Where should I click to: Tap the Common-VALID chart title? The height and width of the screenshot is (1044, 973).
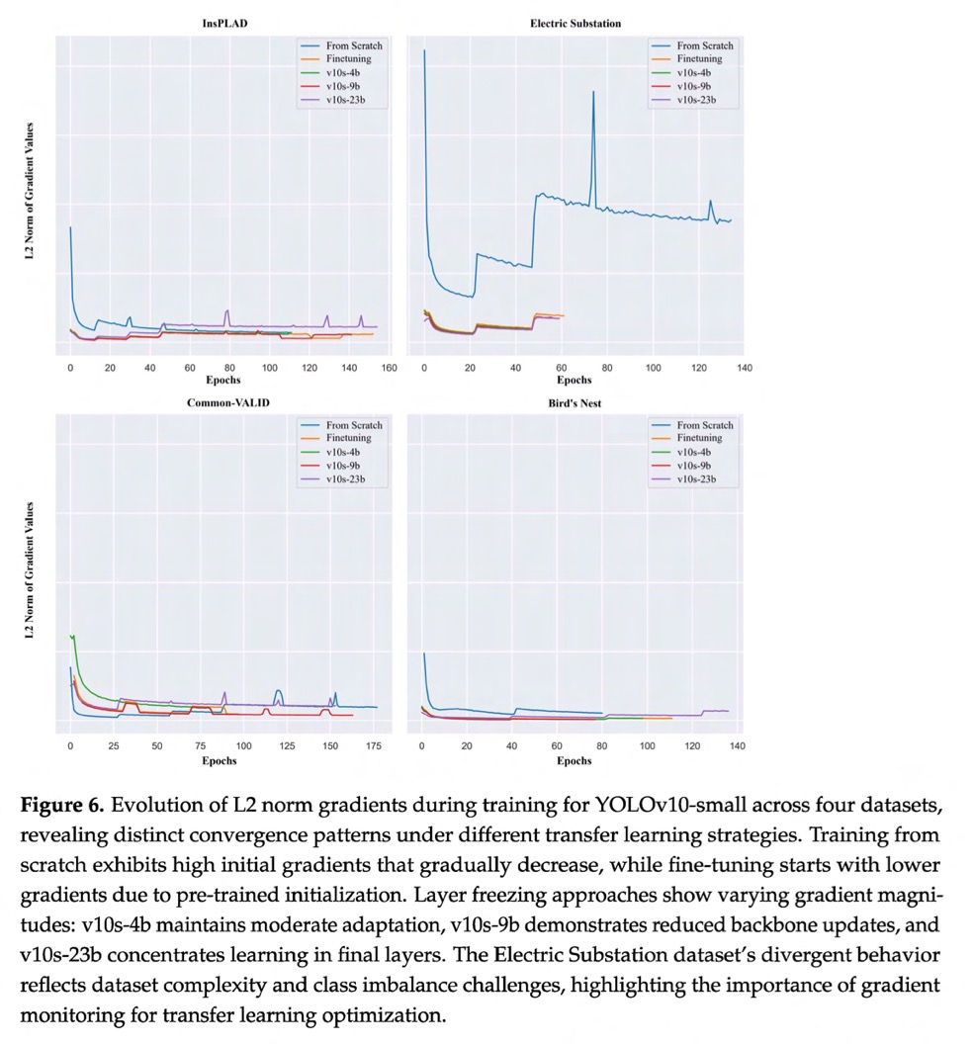tap(228, 403)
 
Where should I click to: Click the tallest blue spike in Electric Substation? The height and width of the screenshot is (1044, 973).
tap(593, 92)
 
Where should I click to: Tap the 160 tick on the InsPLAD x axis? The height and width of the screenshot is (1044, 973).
tap(390, 368)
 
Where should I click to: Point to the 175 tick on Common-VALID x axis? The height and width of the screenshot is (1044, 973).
tap(373, 747)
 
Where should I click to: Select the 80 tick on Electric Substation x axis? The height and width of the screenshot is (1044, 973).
tap(607, 368)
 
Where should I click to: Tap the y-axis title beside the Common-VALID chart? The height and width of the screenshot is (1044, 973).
tap(30, 572)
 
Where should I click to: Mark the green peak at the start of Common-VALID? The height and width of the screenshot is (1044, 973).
tap(72, 636)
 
